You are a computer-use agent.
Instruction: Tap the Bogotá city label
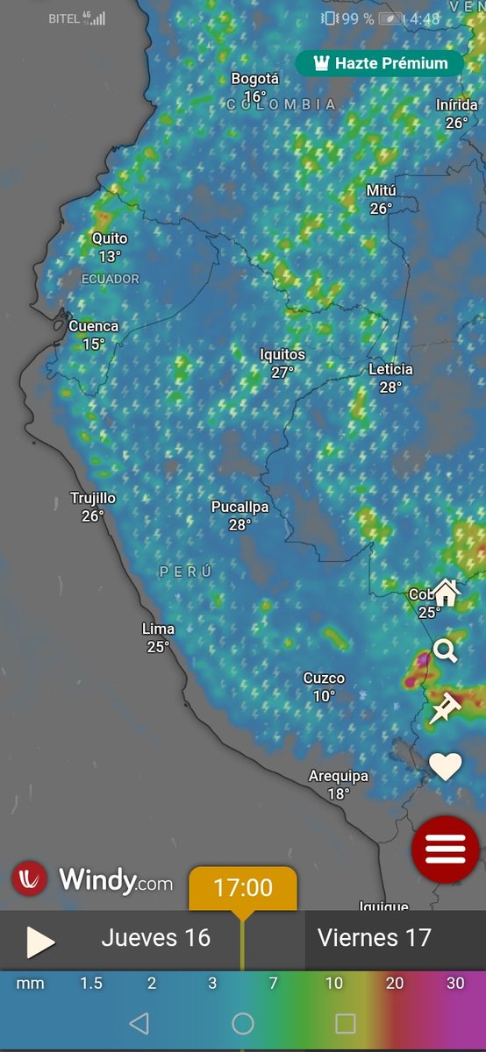pyautogui.click(x=254, y=79)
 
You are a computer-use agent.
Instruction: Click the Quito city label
pyautogui.click(x=110, y=238)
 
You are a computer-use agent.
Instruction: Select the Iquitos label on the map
pyautogui.click(x=282, y=354)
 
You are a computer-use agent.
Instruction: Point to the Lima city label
pyautogui.click(x=158, y=629)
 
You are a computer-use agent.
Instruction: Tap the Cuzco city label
pyautogui.click(x=324, y=678)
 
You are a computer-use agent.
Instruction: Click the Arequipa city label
pyautogui.click(x=339, y=776)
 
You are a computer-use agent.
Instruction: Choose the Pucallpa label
pyautogui.click(x=239, y=507)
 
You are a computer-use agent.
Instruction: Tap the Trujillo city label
pyautogui.click(x=93, y=498)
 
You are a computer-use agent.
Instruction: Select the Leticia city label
pyautogui.click(x=390, y=369)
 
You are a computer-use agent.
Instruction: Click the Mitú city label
pyautogui.click(x=381, y=191)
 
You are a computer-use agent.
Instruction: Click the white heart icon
pyautogui.click(x=445, y=767)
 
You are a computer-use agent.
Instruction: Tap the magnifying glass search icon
pyautogui.click(x=446, y=650)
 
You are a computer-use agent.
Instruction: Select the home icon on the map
pyautogui.click(x=446, y=593)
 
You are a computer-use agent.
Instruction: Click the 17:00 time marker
pyautogui.click(x=243, y=888)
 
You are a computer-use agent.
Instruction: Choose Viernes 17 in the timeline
pyautogui.click(x=375, y=938)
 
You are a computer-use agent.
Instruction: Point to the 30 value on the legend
pyautogui.click(x=455, y=984)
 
